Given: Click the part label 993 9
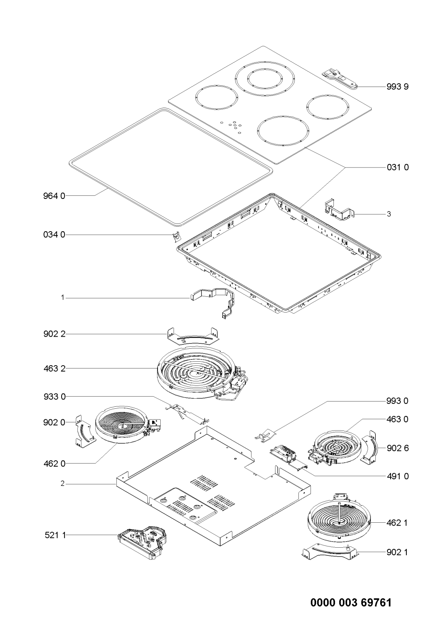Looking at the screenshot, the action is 397,87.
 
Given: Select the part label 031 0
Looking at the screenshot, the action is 397,168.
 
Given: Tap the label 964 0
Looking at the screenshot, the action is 54,196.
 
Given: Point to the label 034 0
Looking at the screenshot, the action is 54,235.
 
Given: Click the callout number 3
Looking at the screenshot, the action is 389,214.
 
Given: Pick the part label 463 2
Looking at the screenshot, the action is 54,369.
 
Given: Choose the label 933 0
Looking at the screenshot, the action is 54,397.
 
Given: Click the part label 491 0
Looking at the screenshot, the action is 397,476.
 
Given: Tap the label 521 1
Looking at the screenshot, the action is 55,535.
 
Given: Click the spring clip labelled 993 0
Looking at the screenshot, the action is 265,434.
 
